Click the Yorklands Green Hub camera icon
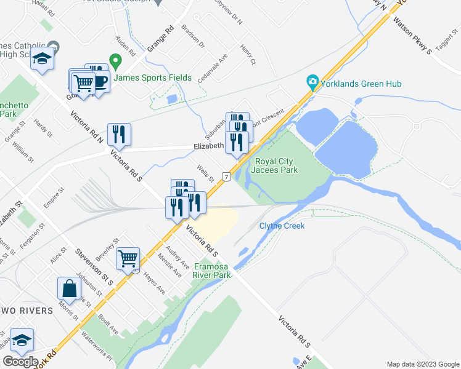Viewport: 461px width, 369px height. pos(312,82)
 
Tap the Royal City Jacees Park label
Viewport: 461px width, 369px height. pos(275,165)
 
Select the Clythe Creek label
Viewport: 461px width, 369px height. pos(282,226)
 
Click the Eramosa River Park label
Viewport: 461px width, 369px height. pos(212,271)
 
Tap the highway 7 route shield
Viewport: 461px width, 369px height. pos(227,177)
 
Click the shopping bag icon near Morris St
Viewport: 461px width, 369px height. pos(69,288)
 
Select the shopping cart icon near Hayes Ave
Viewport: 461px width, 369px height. pos(128,258)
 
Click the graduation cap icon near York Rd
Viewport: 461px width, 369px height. pos(22,340)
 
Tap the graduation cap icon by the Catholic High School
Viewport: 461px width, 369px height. pos(43,58)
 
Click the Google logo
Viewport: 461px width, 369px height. pos(20,362)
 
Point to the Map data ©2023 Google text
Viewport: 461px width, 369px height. pos(423,364)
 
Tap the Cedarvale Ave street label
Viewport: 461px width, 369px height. pos(213,68)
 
